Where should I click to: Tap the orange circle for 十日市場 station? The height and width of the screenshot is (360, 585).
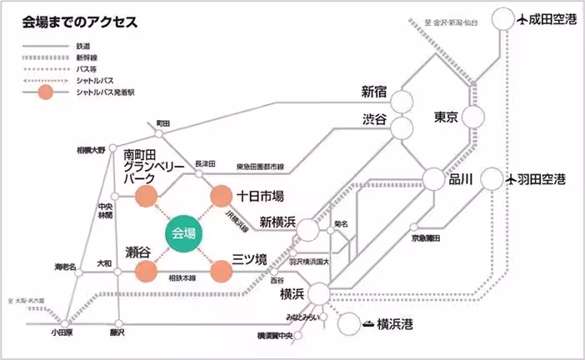(221, 197)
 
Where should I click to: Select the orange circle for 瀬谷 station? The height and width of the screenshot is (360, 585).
(146, 271)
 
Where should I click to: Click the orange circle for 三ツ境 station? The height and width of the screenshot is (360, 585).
(221, 271)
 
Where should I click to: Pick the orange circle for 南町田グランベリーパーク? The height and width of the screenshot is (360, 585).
(146, 197)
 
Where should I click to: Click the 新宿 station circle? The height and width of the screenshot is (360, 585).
(402, 101)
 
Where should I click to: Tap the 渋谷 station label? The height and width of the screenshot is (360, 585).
(375, 120)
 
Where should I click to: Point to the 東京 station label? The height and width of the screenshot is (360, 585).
(447, 117)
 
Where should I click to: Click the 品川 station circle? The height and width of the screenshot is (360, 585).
(434, 178)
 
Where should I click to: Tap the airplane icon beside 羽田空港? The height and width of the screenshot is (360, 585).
(516, 178)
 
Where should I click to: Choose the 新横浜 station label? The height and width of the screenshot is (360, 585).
(277, 222)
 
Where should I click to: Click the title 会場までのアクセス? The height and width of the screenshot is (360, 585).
(79, 21)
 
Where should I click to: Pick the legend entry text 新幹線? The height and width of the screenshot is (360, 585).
(86, 57)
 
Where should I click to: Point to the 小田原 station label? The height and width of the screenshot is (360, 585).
(62, 332)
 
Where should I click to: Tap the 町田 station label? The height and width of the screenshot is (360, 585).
(163, 123)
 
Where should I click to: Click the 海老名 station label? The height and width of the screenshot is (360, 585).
(65, 267)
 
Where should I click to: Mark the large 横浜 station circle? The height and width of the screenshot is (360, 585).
(318, 292)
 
